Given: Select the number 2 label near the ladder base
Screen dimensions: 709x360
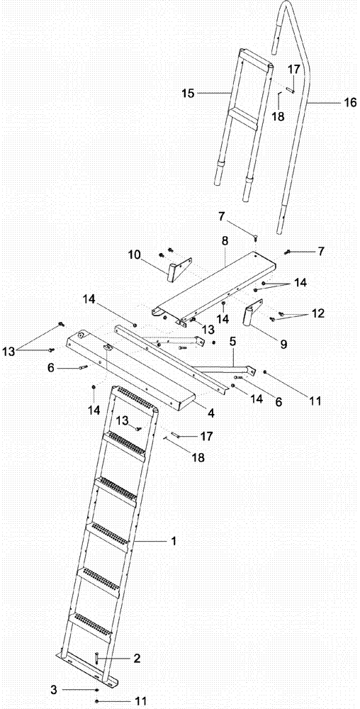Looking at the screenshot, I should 136,659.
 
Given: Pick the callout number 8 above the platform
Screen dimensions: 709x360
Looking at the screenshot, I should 225,241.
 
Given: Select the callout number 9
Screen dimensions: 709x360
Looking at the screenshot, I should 283,345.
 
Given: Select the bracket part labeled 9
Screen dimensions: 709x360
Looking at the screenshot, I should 252,316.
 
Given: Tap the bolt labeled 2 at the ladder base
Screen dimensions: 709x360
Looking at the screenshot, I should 96,658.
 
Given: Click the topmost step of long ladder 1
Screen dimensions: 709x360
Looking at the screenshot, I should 134,394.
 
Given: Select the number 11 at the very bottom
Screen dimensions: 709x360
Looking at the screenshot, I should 140,700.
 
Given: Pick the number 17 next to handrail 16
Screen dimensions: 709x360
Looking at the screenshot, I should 293,69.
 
